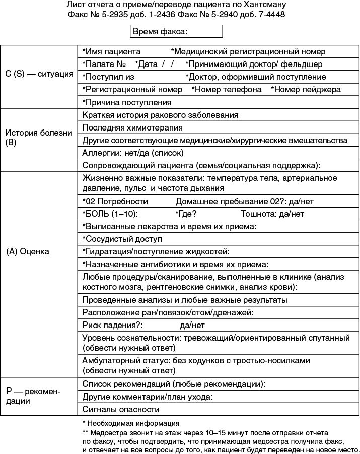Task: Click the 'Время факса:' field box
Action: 176,32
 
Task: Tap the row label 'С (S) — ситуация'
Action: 39,74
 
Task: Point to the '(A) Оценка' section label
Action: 28,251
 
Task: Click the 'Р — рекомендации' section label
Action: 33,396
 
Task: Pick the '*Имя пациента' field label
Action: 111,51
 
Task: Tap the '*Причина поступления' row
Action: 126,102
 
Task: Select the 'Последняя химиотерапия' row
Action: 132,127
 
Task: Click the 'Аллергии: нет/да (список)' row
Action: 132,153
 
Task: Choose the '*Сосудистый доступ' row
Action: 122,239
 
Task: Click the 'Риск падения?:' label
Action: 113,325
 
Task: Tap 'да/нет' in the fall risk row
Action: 192,325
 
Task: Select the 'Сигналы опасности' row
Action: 121,409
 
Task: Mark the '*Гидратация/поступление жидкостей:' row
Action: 156,251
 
